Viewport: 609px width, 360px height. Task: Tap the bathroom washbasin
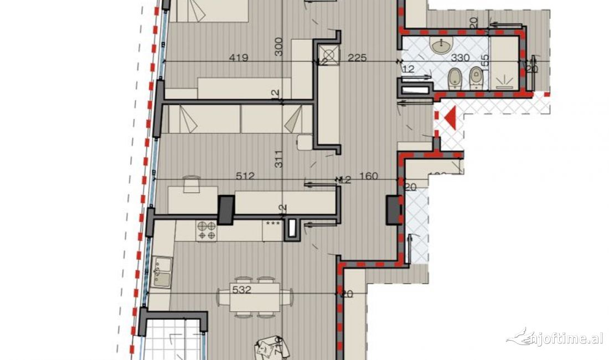pyautogui.click(x=442, y=46)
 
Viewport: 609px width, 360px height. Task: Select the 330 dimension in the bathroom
pyautogui.click(x=461, y=58)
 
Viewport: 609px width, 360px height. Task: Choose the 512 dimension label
pyautogui.click(x=244, y=176)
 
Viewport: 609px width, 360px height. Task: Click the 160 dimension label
pyautogui.click(x=368, y=177)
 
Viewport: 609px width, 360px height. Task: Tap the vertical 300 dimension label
pyautogui.click(x=278, y=47)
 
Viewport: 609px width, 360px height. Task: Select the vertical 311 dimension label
pyautogui.click(x=278, y=159)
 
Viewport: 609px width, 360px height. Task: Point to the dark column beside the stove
pyautogui.click(x=226, y=210)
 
